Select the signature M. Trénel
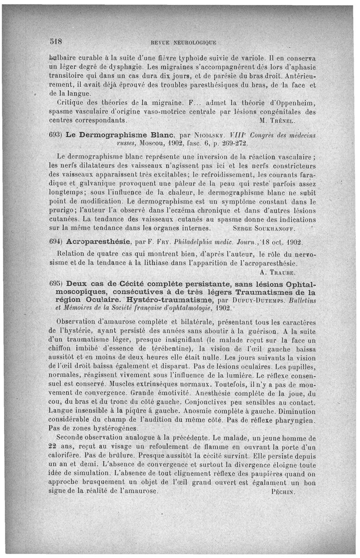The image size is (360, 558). (284, 121)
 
